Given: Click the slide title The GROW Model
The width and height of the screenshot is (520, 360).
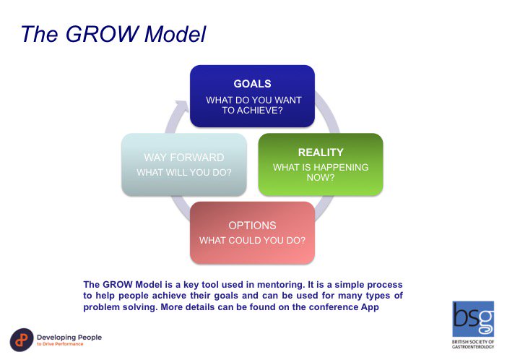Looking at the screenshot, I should (113, 34).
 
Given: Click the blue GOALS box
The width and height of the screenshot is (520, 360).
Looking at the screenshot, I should (252, 95).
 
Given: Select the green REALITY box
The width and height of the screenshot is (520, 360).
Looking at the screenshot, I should (320, 164).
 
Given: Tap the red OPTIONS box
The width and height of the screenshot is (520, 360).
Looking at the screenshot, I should (252, 232).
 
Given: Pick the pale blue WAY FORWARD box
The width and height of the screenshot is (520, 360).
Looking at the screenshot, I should (183, 164).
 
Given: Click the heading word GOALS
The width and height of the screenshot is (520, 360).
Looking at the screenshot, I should (252, 84).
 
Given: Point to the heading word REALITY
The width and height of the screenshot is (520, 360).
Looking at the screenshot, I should (321, 153).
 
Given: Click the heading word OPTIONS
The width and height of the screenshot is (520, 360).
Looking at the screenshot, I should (252, 226).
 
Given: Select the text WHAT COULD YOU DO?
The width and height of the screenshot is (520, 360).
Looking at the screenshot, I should (252, 240).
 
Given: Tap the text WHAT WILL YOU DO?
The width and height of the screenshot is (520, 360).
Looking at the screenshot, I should (183, 172).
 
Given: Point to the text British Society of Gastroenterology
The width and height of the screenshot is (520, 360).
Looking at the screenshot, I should (473, 343).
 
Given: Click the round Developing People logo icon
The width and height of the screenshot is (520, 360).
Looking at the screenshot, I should (22, 340).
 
